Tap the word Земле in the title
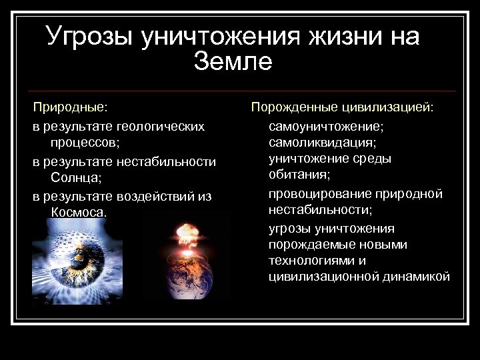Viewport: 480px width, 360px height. point(233,62)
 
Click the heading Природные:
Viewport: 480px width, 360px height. point(71,107)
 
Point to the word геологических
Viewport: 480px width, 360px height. point(160,125)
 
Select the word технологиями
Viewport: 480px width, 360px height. point(310,261)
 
